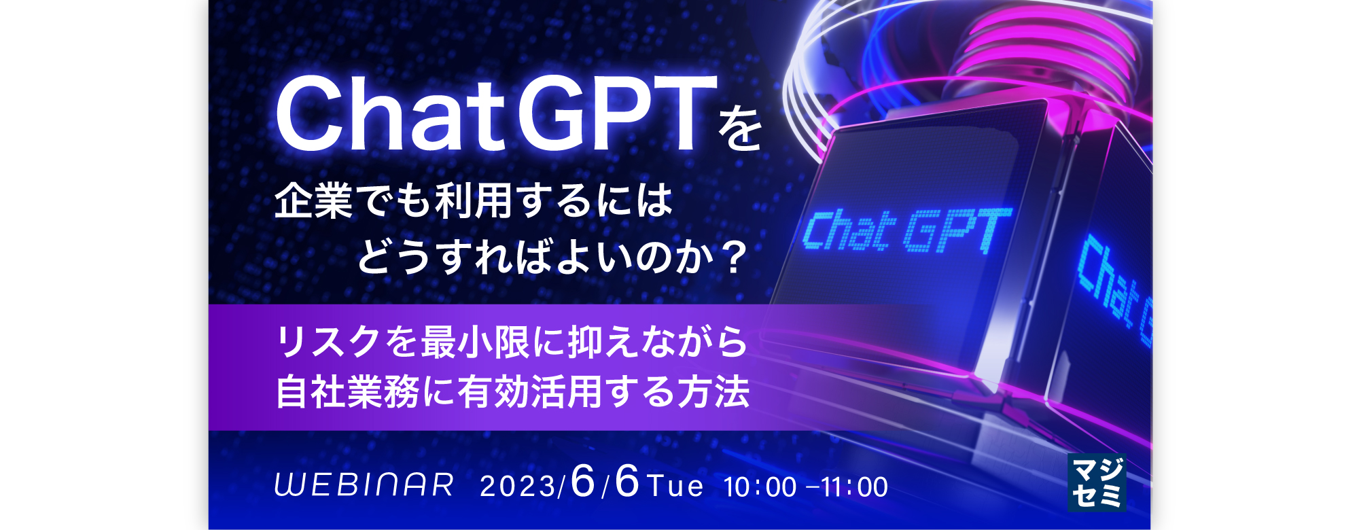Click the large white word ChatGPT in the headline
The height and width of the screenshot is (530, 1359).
pos(497,113)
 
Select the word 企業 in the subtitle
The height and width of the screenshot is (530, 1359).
pos(314,201)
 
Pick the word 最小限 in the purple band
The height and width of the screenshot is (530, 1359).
pos(475,342)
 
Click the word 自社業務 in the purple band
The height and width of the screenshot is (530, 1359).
pos(347,392)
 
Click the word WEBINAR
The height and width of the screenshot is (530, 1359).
pos(364,485)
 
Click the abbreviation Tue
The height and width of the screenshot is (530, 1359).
pos(675,487)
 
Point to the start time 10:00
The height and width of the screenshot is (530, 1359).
pos(760,487)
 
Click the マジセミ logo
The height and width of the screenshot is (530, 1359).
pos(1097,482)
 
